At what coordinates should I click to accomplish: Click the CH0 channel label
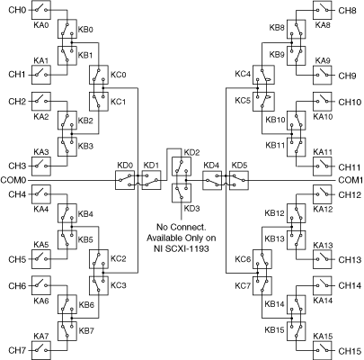coord(17,10)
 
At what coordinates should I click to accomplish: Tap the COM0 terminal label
coord(13,181)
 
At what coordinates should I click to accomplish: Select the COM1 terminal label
coord(351,180)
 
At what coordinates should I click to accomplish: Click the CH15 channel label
coord(350,351)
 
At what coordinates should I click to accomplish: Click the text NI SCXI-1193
coord(181,248)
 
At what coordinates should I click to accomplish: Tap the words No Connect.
coord(182,227)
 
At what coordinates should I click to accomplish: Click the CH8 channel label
coord(348,11)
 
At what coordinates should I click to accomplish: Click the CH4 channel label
coord(17,194)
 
